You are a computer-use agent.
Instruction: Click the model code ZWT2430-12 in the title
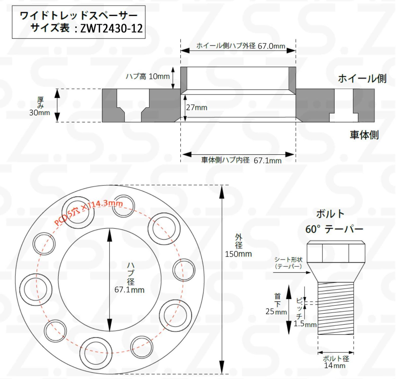111,29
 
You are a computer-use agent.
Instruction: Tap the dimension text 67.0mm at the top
271,46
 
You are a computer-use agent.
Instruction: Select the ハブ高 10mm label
148,76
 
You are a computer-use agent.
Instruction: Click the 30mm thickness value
39,113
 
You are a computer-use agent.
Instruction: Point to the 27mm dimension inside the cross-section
197,108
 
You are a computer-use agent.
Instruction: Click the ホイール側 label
362,78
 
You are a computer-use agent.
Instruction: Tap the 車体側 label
364,135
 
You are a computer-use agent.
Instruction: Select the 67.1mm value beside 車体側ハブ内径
267,161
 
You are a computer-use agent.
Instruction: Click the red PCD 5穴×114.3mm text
89,212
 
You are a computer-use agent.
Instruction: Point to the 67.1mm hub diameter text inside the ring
129,290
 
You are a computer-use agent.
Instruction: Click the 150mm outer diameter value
238,254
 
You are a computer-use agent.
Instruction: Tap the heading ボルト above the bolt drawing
330,214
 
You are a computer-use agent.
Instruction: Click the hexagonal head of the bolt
336,252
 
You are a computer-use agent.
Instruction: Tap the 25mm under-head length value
276,312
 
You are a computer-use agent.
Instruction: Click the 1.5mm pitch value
305,324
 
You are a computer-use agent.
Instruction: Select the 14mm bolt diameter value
335,365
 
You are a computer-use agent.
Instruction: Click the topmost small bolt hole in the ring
123,206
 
